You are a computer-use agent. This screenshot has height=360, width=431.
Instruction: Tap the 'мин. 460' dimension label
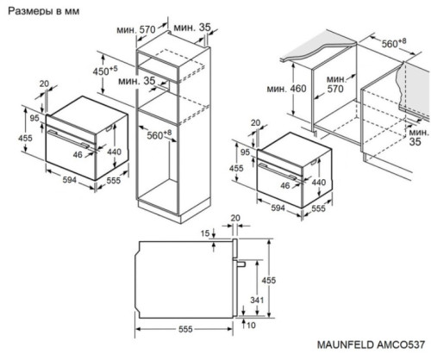[x=297, y=88]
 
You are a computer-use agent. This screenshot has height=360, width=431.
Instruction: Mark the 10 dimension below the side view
[x=249, y=326]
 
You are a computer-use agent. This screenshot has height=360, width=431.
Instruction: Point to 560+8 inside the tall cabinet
[x=159, y=135]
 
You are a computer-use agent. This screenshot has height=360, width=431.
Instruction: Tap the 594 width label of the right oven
[x=277, y=207]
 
